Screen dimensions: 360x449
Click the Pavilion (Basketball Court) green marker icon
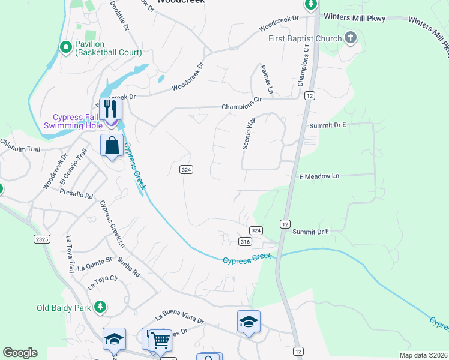pyautogui.click(x=66, y=47)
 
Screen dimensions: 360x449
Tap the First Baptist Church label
pyautogui.click(x=305, y=40)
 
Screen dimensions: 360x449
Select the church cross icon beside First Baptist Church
pyautogui.click(x=351, y=39)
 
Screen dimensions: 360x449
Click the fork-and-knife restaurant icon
pyautogui.click(x=110, y=109)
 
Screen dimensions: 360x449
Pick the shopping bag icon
pyautogui.click(x=112, y=145)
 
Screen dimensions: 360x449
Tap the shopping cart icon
pyautogui.click(x=160, y=340)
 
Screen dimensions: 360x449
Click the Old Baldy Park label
pyautogui.click(x=64, y=308)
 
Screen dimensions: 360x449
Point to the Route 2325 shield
pyautogui.click(x=41, y=239)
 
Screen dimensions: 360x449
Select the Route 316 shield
pyautogui.click(x=244, y=241)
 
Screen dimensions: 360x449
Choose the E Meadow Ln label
pyautogui.click(x=319, y=176)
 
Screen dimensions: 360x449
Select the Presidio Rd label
pyautogui.click(x=76, y=194)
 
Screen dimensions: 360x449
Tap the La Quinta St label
pyautogui.click(x=95, y=264)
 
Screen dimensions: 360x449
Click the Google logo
pyautogui.click(x=20, y=353)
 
